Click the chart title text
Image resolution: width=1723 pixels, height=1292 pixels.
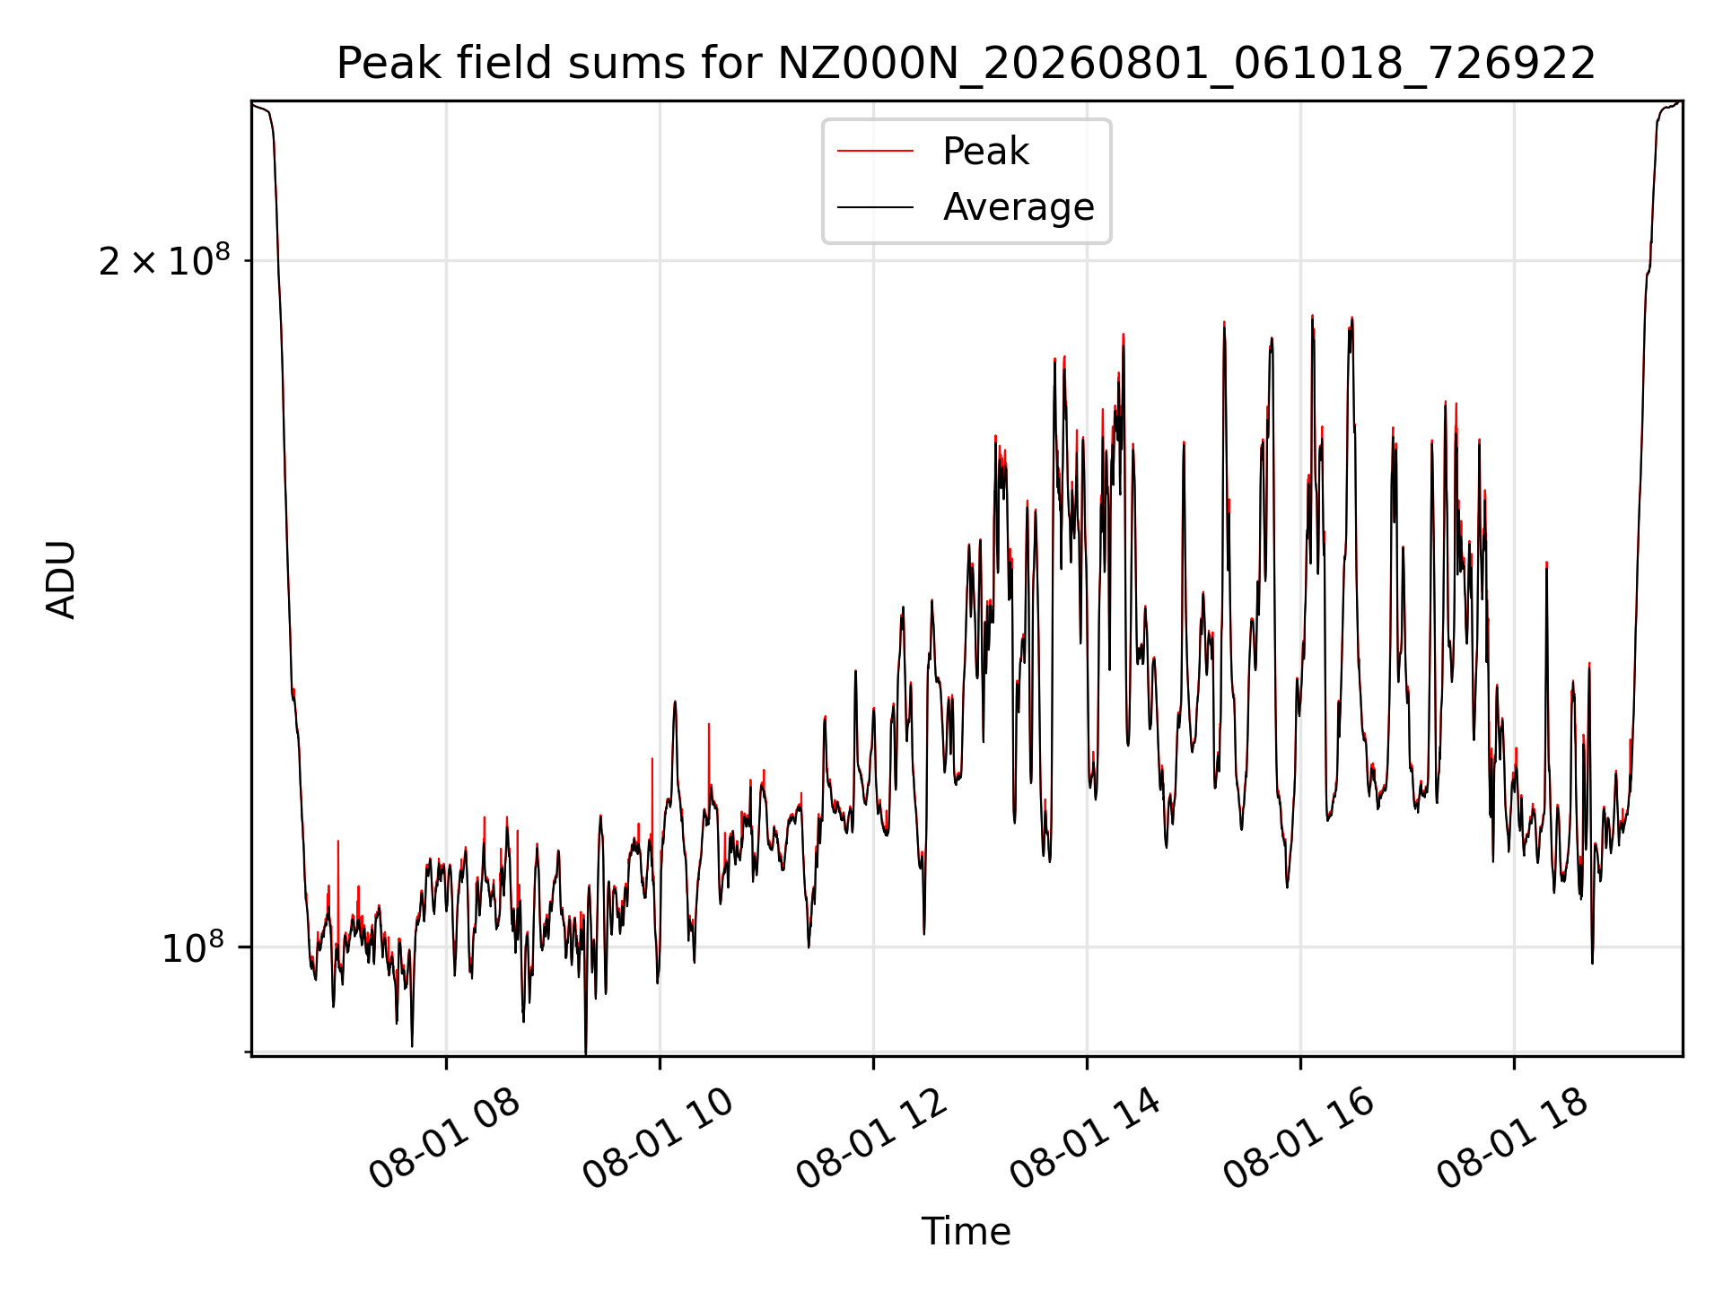tap(966, 64)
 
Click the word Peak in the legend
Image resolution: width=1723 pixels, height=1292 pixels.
tap(985, 152)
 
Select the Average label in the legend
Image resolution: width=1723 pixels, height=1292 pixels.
tap(1019, 207)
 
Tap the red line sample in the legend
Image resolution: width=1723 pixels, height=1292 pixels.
tap(875, 152)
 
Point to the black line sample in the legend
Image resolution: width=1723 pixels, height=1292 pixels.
tap(875, 207)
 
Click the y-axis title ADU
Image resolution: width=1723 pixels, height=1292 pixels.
tap(62, 580)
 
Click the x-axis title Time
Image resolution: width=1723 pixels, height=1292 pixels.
tap(966, 1232)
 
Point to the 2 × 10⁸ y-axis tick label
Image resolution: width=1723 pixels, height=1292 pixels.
tap(164, 260)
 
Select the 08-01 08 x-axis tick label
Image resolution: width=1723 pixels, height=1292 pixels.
tap(444, 1139)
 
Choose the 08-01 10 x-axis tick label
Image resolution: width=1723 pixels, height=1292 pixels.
tap(658, 1139)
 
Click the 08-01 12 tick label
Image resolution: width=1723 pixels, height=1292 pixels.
tap(871, 1139)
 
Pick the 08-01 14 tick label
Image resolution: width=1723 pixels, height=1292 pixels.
tap(1085, 1139)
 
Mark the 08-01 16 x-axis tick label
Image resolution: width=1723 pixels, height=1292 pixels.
tap(1299, 1139)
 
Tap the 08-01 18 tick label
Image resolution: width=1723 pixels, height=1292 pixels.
tap(1512, 1139)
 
